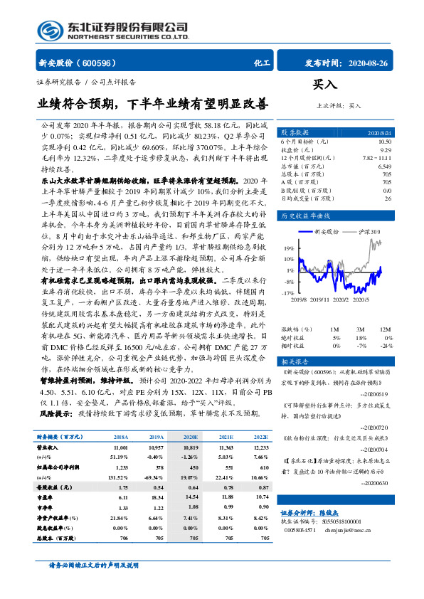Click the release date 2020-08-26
[x=369, y=63]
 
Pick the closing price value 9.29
[x=386, y=149]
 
